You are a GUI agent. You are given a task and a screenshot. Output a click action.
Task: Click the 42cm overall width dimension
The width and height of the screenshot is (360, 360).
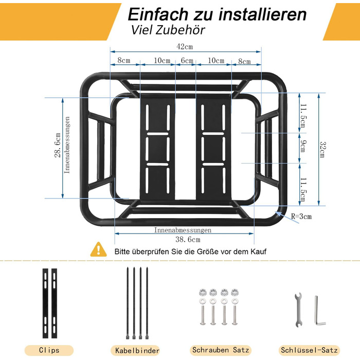pyautogui.click(x=185, y=47)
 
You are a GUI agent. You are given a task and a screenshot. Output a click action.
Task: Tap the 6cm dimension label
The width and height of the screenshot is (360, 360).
pyautogui.click(x=187, y=60)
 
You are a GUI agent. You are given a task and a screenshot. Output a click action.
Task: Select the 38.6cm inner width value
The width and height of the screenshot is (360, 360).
pyautogui.click(x=188, y=240)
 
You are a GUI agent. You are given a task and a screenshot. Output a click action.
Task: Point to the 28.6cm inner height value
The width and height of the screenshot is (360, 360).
pyautogui.click(x=58, y=145)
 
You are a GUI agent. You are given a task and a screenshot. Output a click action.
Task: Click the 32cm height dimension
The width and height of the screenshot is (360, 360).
pyautogui.click(x=323, y=150)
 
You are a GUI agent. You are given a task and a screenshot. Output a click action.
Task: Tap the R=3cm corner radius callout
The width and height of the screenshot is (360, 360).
pyautogui.click(x=301, y=217)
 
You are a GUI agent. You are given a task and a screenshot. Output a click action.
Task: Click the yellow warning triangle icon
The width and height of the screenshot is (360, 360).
pyautogui.click(x=99, y=249)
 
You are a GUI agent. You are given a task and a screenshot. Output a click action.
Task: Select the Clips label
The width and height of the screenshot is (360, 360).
pyautogui.click(x=49, y=350)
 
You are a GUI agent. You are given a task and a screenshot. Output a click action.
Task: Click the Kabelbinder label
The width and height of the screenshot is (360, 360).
pyautogui.click(x=137, y=351)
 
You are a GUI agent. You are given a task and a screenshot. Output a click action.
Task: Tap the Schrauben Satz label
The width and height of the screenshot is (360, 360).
pyautogui.click(x=221, y=350)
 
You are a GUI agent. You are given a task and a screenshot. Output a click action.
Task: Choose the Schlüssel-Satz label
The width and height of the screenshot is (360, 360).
pyautogui.click(x=309, y=350)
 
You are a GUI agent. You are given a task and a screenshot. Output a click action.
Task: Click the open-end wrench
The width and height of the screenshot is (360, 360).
pyautogui.click(x=298, y=310)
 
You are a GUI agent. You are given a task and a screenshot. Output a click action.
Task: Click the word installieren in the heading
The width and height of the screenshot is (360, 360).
pyautogui.click(x=262, y=14)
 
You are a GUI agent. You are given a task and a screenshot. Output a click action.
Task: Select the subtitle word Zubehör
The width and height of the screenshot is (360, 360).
pyautogui.click(x=180, y=30)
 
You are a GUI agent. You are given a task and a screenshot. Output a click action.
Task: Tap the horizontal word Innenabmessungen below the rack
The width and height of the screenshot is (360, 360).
pyautogui.click(x=183, y=230)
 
